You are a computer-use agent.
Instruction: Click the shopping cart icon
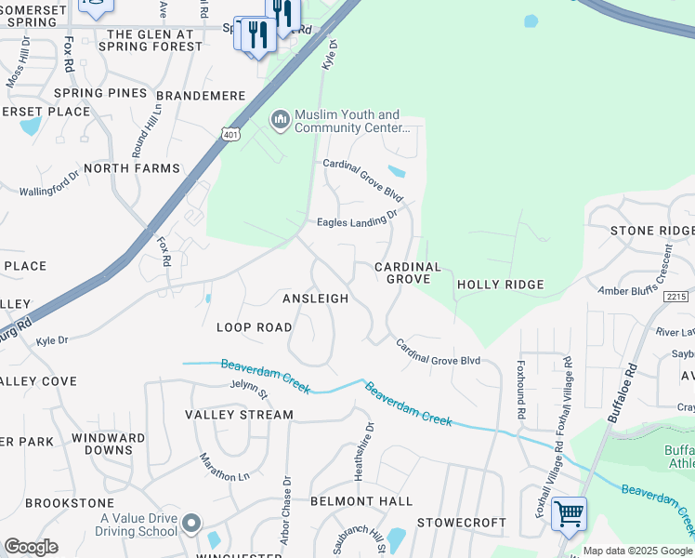click(568, 513)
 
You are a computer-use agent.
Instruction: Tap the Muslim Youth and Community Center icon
click(279, 120)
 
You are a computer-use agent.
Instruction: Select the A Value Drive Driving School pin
click(191, 525)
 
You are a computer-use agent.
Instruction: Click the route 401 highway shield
click(230, 135)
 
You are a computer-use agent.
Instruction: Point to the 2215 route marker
click(676, 296)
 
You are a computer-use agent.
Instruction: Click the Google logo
click(31, 547)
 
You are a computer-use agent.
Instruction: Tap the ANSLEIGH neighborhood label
click(315, 299)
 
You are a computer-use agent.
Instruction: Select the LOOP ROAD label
click(254, 327)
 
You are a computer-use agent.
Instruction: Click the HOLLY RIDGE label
click(500, 284)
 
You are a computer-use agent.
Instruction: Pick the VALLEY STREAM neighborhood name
click(239, 415)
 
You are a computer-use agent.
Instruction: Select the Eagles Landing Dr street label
click(357, 219)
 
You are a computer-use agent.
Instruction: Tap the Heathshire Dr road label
click(370, 452)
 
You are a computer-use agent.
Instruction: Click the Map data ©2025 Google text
click(637, 551)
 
